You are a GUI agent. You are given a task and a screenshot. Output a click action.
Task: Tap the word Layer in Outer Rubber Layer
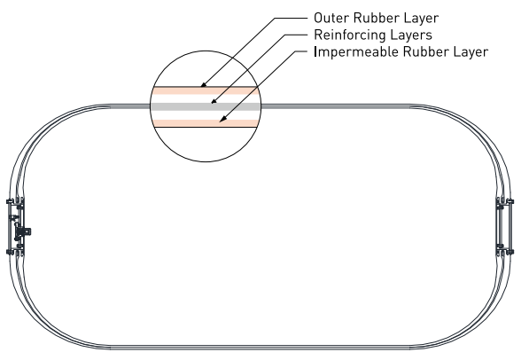point(422,19)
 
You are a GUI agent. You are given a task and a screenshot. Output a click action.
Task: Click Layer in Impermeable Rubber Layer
point(470,52)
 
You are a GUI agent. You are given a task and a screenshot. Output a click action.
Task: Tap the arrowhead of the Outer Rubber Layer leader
point(204,85)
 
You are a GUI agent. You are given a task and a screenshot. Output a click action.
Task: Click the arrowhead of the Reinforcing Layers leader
point(214,101)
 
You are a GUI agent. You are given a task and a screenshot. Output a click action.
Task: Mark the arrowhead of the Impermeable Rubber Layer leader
point(222,119)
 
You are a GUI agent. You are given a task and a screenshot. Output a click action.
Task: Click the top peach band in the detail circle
point(206,90)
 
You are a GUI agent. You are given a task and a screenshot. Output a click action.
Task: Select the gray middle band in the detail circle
point(206,106)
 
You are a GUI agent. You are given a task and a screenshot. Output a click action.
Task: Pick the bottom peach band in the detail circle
point(206,123)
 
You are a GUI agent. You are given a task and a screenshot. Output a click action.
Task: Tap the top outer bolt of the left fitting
point(9,201)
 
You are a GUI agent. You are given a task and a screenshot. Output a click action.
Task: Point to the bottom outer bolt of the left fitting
point(9,252)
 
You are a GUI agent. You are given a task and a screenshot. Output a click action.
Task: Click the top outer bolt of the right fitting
point(509,201)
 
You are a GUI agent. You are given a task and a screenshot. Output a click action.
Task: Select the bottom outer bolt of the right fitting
point(509,252)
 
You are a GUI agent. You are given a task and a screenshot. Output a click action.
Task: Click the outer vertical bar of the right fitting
point(509,227)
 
